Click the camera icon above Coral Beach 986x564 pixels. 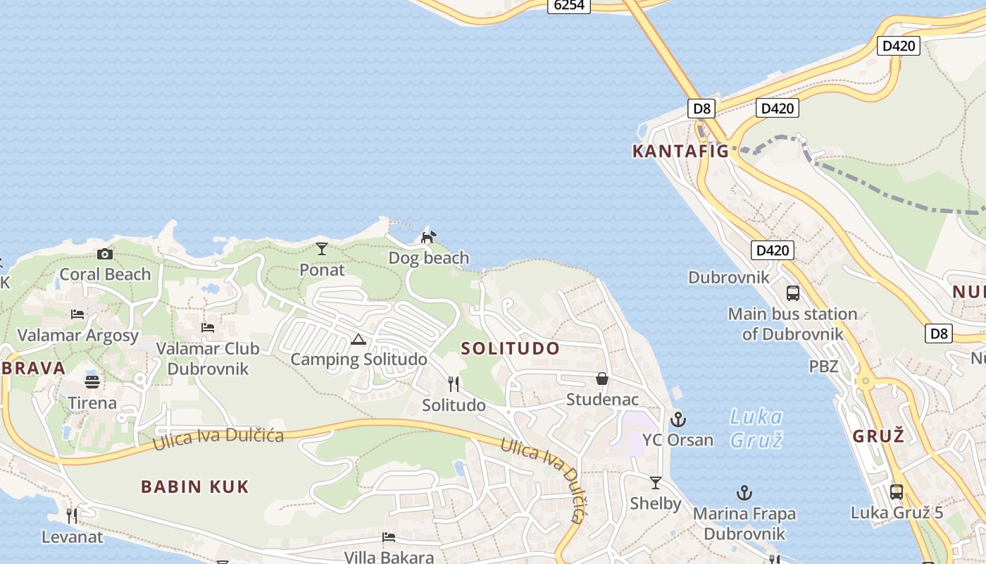[x=105, y=254]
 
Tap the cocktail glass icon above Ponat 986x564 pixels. [x=322, y=248]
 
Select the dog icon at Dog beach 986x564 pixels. [x=428, y=237]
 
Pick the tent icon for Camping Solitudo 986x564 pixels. [x=358, y=340]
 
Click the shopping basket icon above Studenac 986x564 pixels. [x=602, y=379]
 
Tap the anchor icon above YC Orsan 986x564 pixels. [x=678, y=419]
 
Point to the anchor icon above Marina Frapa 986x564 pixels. [x=744, y=493]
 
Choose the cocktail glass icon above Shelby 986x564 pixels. [x=656, y=483]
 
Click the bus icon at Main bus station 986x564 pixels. [x=793, y=293]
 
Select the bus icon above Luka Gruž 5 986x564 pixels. [x=897, y=491]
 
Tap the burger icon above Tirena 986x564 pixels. [x=92, y=382]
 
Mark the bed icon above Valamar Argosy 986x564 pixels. [x=77, y=314]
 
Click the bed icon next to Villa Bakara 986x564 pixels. [x=389, y=538]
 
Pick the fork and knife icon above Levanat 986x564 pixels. [x=71, y=516]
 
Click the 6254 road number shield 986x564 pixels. [x=569, y=6]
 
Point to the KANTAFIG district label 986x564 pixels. [x=680, y=151]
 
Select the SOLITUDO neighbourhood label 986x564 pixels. [x=511, y=348]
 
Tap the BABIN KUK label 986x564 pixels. [x=195, y=486]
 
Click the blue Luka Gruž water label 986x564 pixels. [x=756, y=429]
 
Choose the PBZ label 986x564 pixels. [x=823, y=366]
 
